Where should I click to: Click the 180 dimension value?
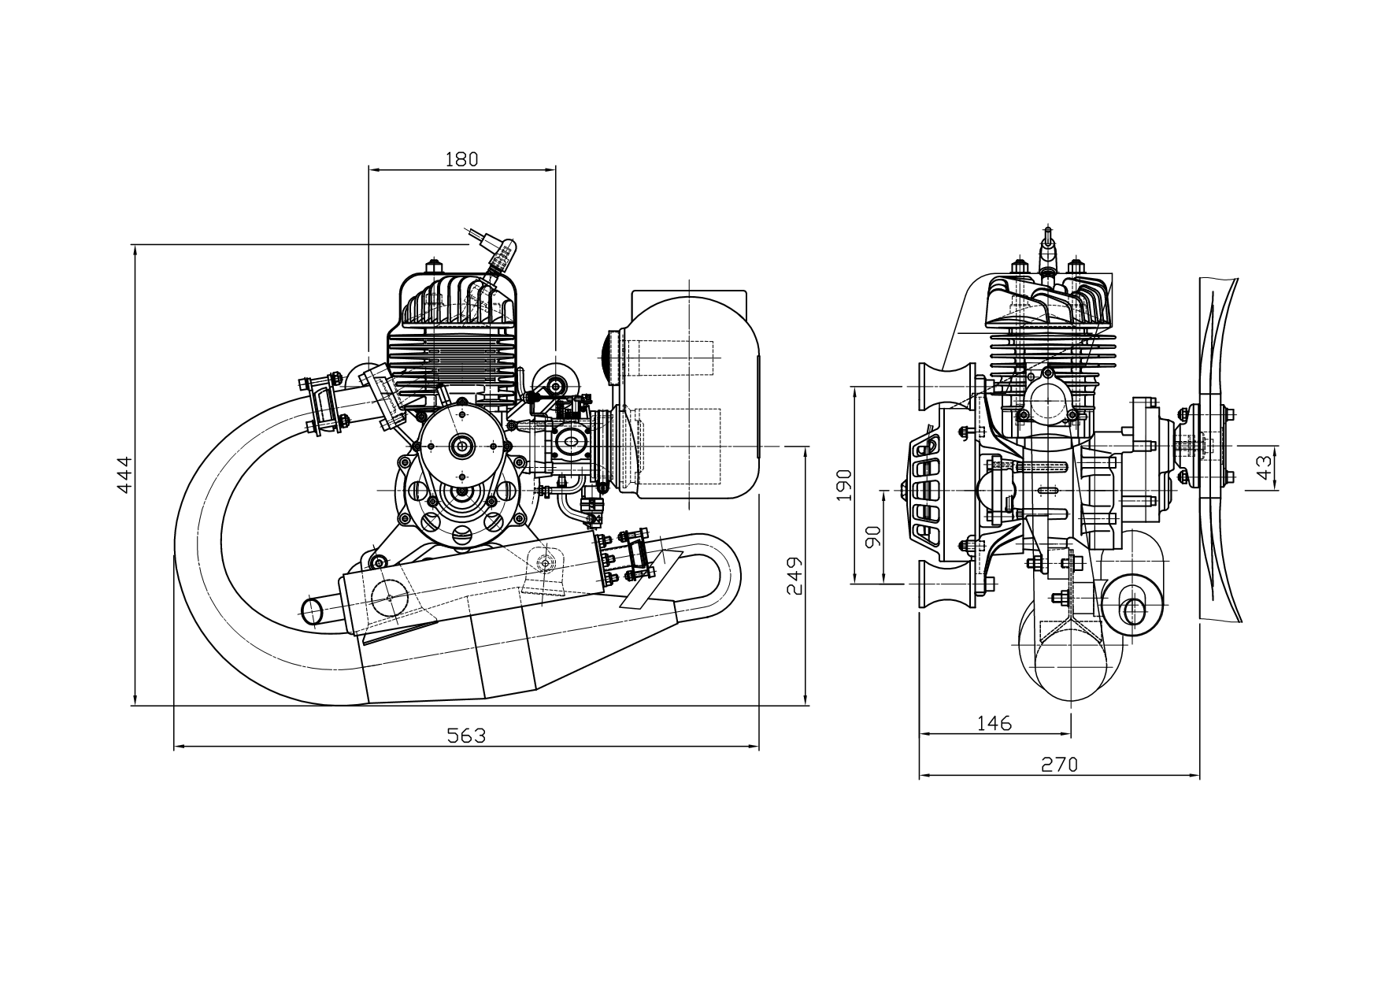[x=461, y=159]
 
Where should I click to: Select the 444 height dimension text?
[x=124, y=475]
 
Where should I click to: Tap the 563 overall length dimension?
[x=466, y=736]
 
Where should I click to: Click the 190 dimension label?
[x=844, y=485]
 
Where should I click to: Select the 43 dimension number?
[x=1264, y=468]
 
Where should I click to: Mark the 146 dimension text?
[x=994, y=723]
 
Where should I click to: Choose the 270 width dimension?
[x=1059, y=765]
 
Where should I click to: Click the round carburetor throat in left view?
[x=571, y=442]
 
